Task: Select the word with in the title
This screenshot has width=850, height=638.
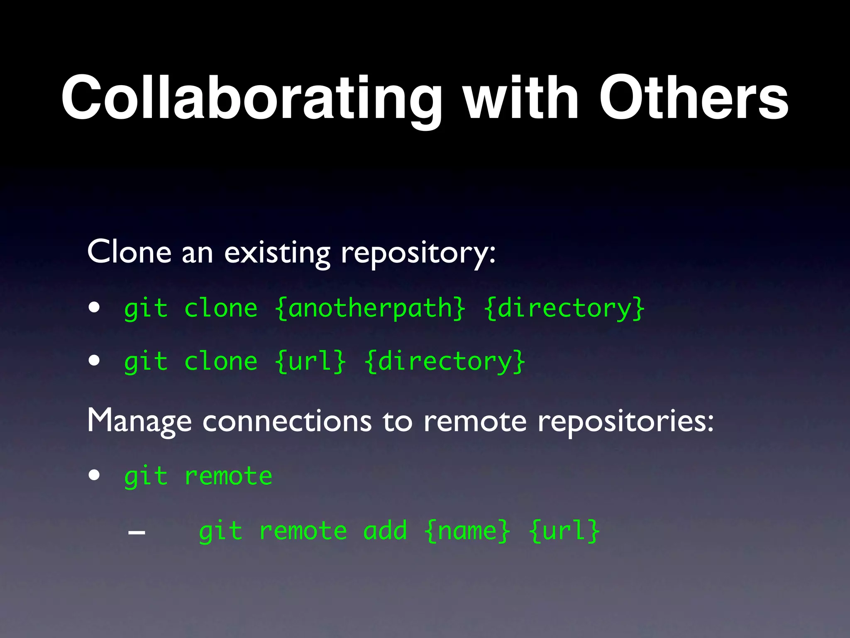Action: [x=520, y=99]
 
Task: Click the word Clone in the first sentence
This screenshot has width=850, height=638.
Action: [x=129, y=252]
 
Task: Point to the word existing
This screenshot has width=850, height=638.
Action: [x=277, y=253]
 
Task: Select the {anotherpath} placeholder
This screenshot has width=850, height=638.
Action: [x=370, y=309]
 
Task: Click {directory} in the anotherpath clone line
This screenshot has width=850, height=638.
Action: [x=564, y=309]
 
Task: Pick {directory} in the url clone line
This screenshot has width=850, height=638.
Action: [x=445, y=361]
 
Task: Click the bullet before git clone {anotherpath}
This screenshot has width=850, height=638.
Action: [x=94, y=308]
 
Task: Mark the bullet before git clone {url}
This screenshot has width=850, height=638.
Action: [x=94, y=360]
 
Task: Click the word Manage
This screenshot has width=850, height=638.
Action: [x=139, y=421]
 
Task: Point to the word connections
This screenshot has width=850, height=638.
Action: [x=287, y=421]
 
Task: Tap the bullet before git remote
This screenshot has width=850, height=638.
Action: [x=94, y=475]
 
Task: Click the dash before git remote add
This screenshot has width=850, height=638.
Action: [x=137, y=532]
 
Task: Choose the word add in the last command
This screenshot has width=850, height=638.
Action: [x=385, y=531]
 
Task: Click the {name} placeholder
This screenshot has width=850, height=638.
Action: [x=467, y=531]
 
